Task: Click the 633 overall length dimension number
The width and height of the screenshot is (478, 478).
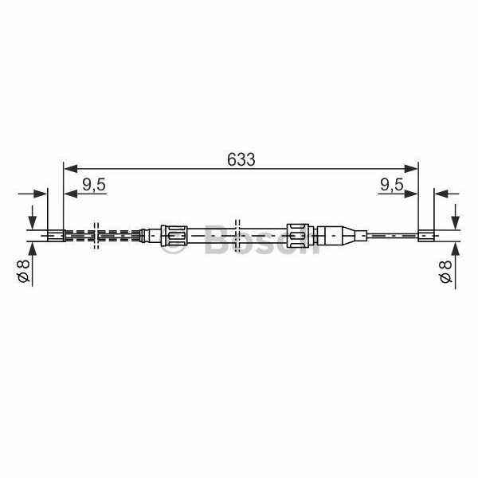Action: [241, 159]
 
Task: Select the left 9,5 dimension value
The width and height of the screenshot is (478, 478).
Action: [94, 185]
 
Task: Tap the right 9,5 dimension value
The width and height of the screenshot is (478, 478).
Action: [392, 185]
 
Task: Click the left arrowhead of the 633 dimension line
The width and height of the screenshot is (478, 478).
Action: [71, 168]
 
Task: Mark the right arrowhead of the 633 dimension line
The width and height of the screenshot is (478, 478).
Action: [410, 168]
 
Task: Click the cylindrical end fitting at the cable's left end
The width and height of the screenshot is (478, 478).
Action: [56, 236]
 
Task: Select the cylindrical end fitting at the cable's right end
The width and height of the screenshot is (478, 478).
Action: [425, 236]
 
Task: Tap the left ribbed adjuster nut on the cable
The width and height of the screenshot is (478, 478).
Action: [174, 236]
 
